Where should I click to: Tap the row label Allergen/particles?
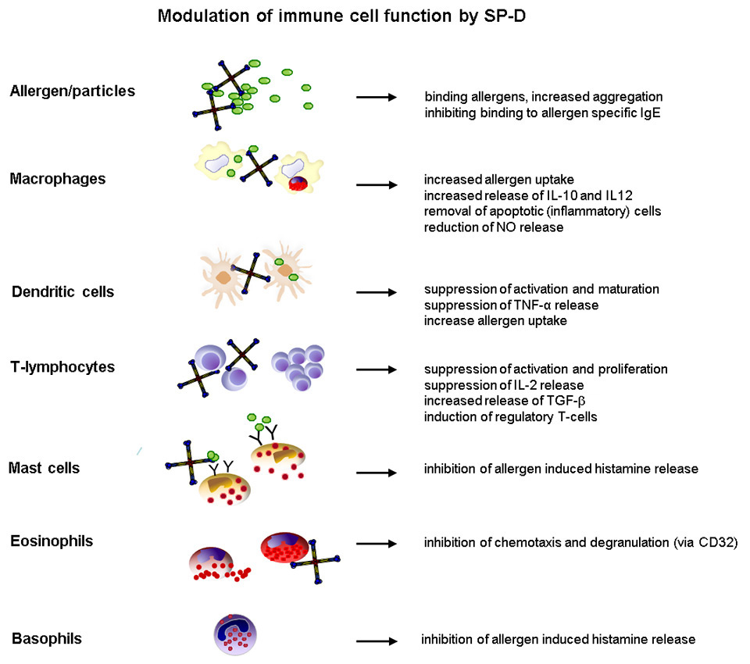73,91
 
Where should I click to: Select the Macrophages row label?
58,179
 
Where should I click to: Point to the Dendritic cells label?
63,292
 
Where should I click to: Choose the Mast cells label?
45,468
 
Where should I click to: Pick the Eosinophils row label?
52,541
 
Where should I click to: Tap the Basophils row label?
47,639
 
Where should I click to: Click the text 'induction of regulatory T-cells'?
511,416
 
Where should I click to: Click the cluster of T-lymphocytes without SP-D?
298,365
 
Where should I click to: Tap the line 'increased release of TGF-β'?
501,401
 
